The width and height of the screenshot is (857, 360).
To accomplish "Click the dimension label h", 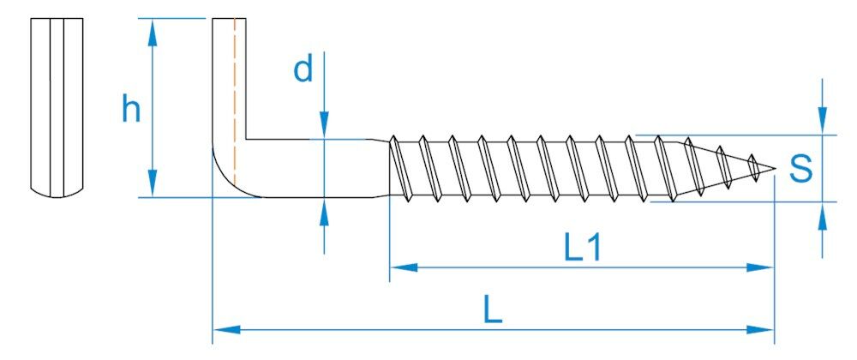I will tap(130, 110).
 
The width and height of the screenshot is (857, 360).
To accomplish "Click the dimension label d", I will tap(303, 70).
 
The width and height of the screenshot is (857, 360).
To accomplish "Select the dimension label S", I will tap(800, 169).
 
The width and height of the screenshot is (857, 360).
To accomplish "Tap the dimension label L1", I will tap(583, 248).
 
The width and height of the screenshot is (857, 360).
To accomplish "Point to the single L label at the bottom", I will tap(492, 310).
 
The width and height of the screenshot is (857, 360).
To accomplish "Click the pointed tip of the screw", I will tap(773, 168).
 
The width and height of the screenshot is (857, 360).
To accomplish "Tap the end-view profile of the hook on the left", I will tap(57, 106).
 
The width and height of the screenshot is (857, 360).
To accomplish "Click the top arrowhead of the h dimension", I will tap(153, 32).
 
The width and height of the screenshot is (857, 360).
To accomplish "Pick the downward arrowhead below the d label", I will tap(324, 124).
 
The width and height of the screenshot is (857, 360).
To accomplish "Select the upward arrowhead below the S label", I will tap(823, 216).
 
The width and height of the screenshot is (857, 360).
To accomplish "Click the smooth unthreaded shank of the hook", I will tap(317, 168).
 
